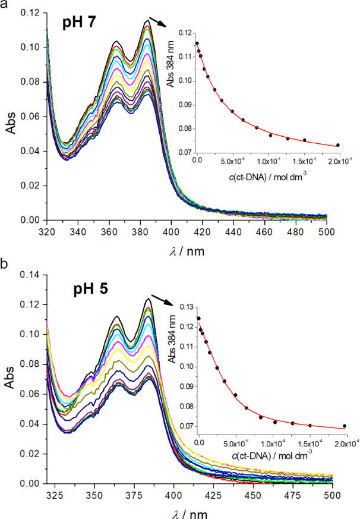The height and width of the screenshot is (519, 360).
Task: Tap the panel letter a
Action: [x=4, y=5]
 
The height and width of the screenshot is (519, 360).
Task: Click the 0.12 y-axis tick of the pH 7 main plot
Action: [x=31, y=12]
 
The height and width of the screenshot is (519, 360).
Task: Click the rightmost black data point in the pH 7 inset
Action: [x=337, y=144]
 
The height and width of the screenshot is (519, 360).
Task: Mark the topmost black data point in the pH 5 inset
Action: [x=198, y=318]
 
